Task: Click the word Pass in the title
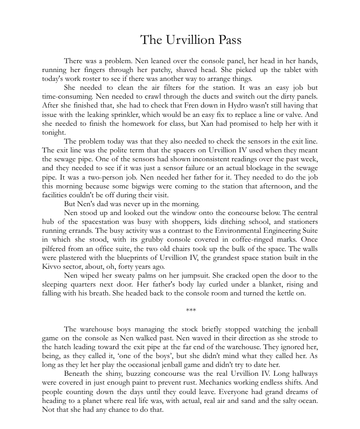[226, 40]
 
